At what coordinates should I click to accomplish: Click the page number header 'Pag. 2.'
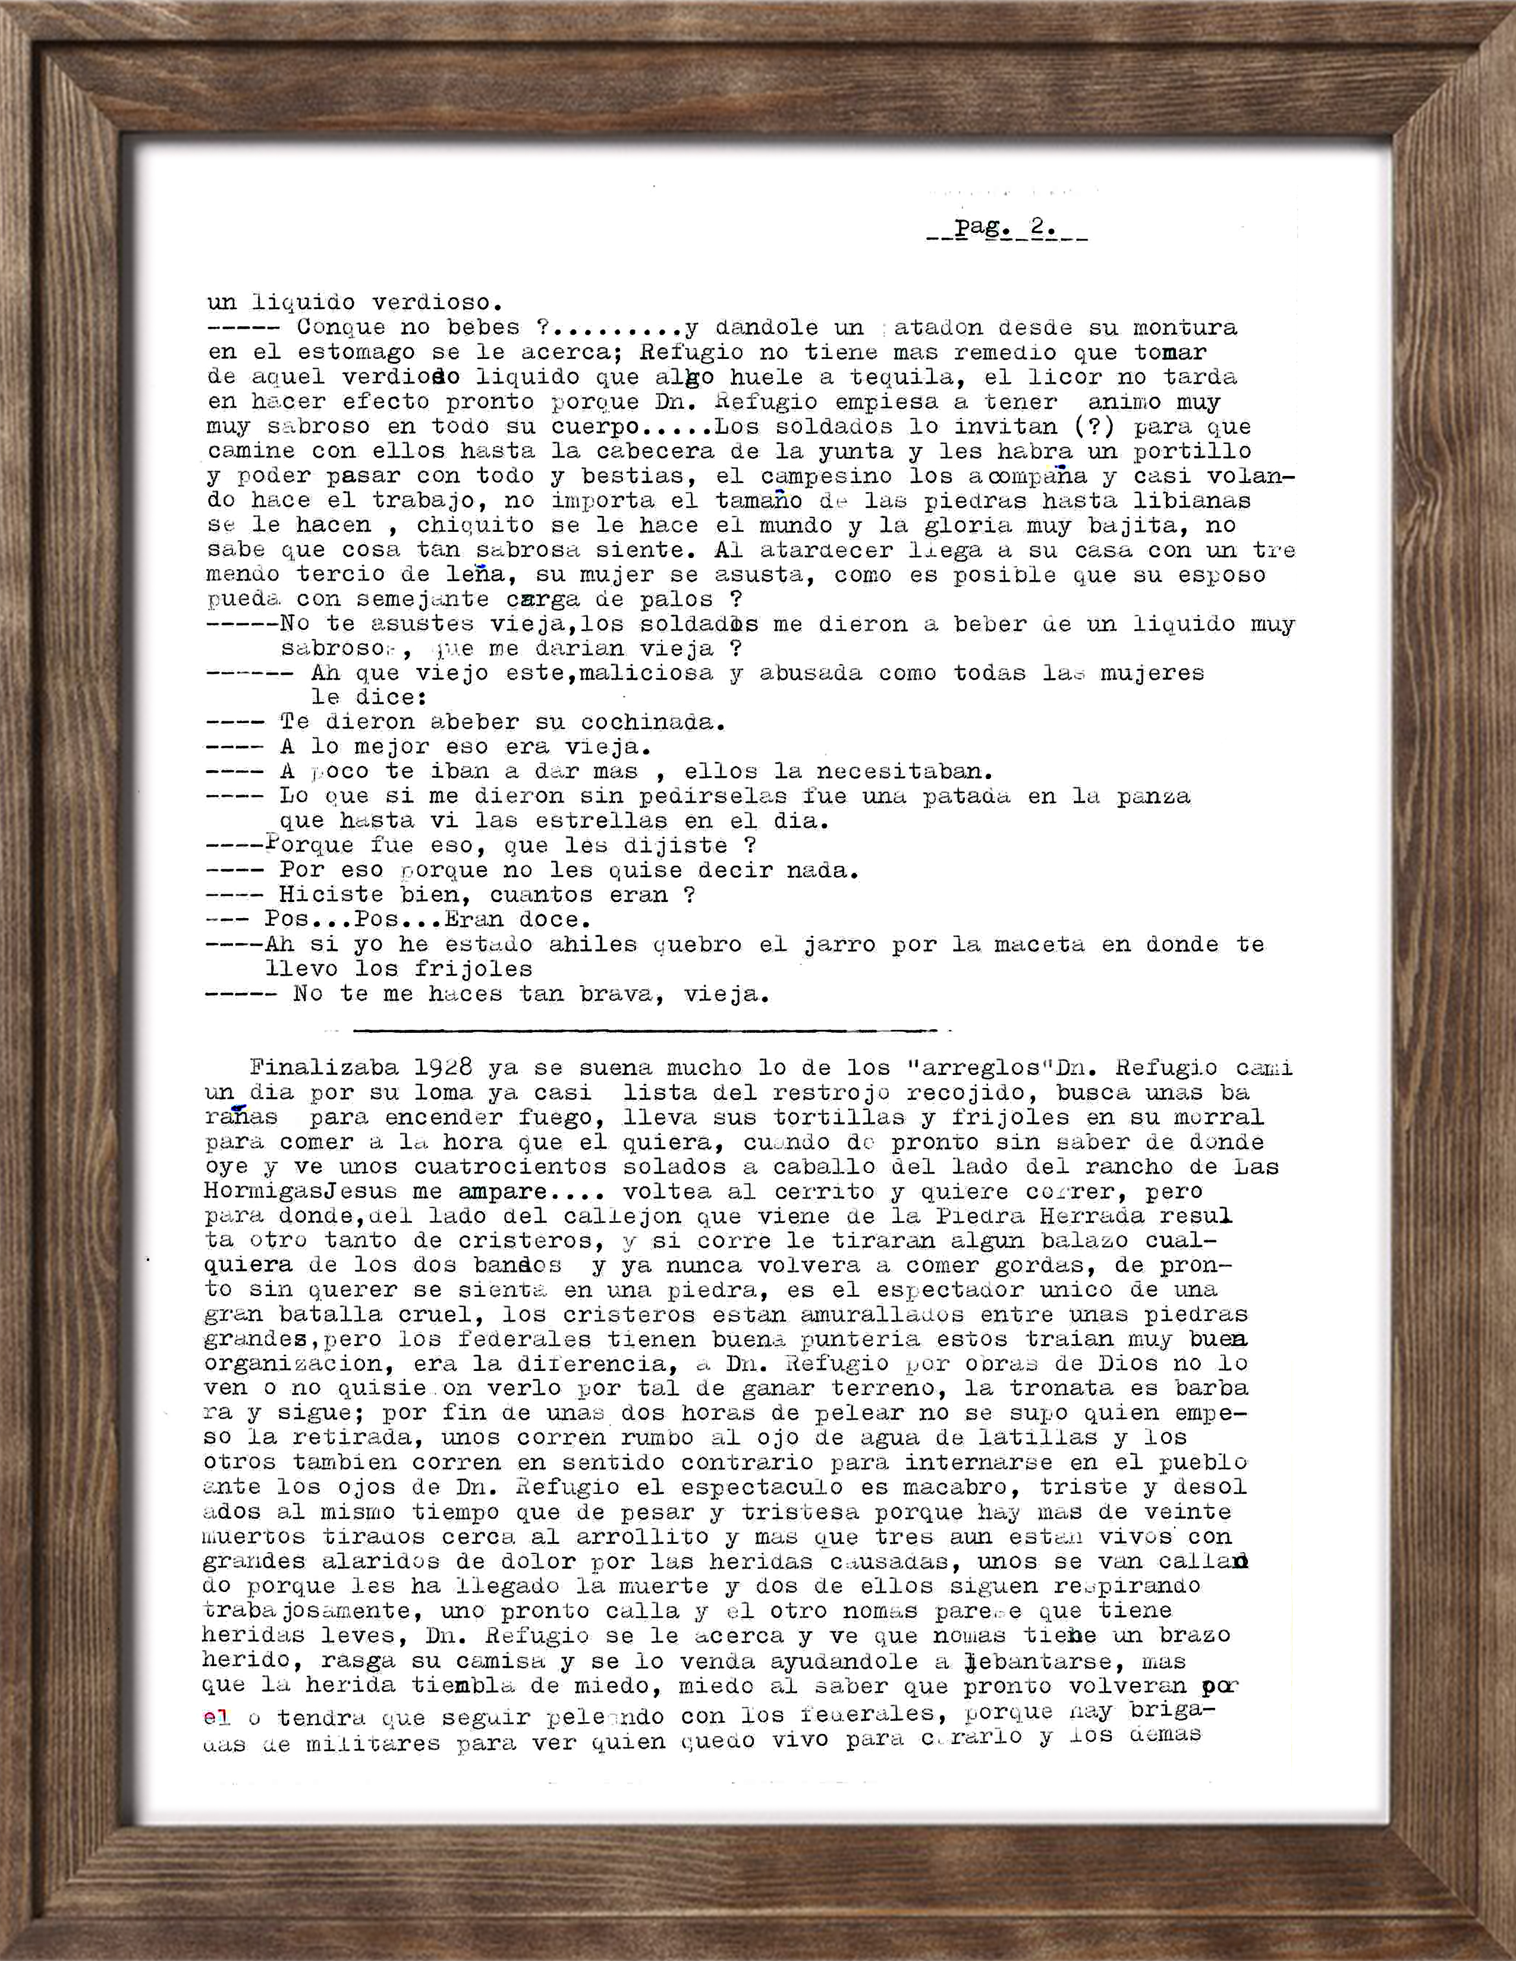point(1006,228)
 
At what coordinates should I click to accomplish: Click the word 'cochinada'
point(650,722)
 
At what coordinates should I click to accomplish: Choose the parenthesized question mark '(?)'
point(1094,427)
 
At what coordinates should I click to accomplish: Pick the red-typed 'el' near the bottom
point(216,1718)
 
